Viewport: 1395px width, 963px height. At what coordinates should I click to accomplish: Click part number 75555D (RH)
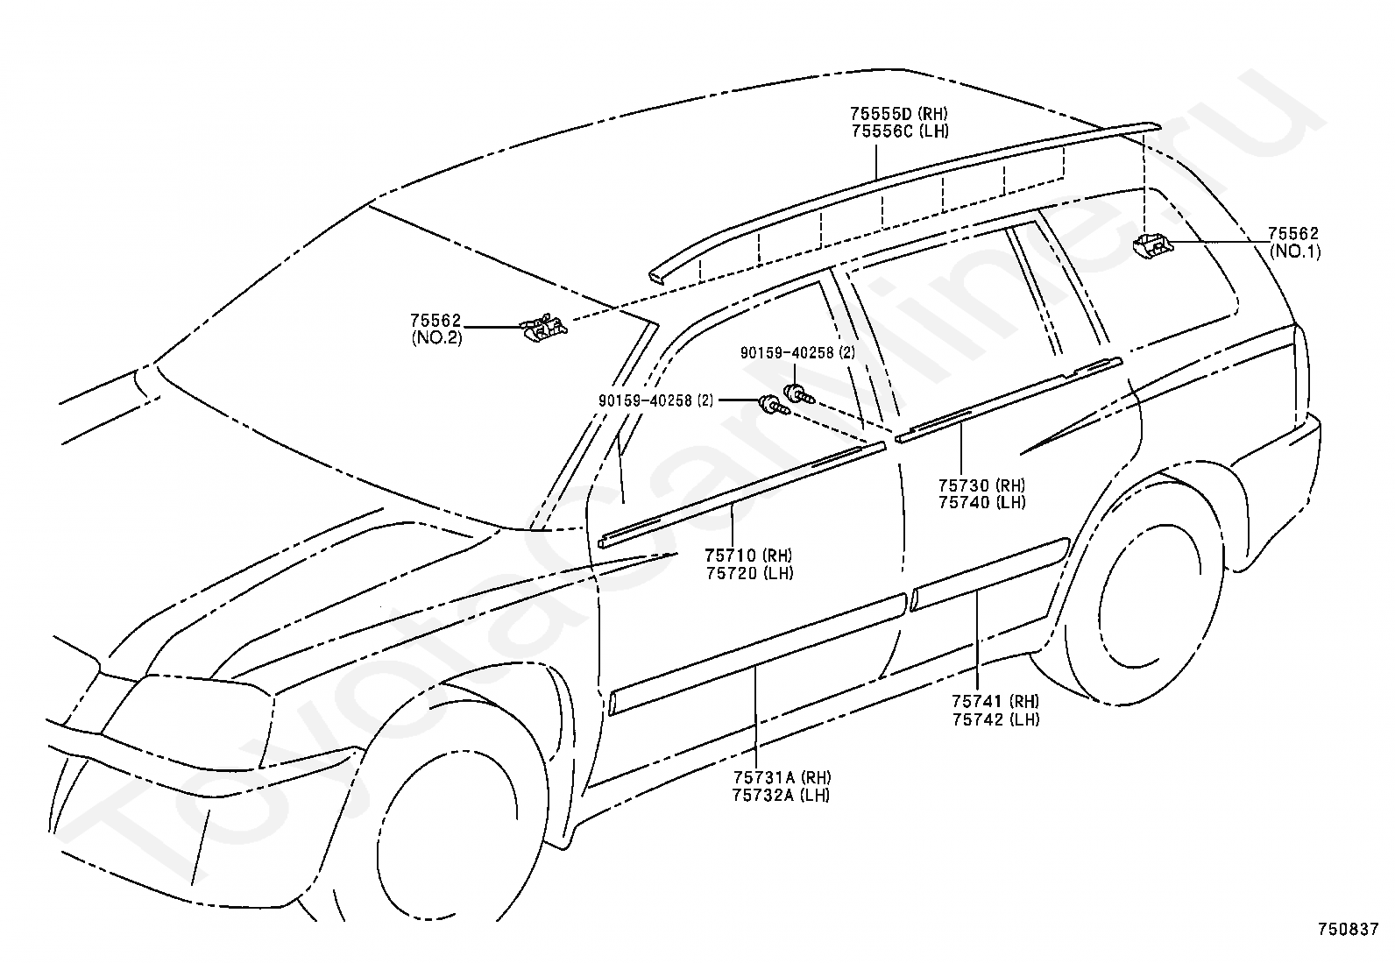click(899, 113)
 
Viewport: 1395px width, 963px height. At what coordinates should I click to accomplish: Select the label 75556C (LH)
click(900, 131)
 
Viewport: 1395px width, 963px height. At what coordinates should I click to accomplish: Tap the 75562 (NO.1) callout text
click(1295, 243)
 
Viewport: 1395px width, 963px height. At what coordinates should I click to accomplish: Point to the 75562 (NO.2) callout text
click(436, 329)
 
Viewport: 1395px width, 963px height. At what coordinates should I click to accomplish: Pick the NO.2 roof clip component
click(543, 328)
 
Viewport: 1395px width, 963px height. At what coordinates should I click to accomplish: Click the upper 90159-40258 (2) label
click(797, 352)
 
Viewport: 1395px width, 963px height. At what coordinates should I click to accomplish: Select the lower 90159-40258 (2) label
click(656, 400)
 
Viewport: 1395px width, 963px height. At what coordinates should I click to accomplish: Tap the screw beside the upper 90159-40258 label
click(799, 394)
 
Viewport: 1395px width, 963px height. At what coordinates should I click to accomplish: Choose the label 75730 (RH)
click(982, 485)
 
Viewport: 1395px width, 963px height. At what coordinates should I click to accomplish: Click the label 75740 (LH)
click(982, 502)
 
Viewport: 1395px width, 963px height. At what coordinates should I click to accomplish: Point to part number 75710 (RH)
click(749, 555)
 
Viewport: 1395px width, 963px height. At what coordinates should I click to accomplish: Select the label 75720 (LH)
click(750, 572)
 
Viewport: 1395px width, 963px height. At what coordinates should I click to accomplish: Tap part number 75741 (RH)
click(995, 701)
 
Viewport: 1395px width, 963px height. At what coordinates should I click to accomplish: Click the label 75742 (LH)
click(995, 719)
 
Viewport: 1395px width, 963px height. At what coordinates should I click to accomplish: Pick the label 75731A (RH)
click(782, 777)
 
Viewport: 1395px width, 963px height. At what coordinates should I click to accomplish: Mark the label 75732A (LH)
click(781, 796)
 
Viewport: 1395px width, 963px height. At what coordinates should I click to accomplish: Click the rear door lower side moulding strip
click(990, 574)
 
